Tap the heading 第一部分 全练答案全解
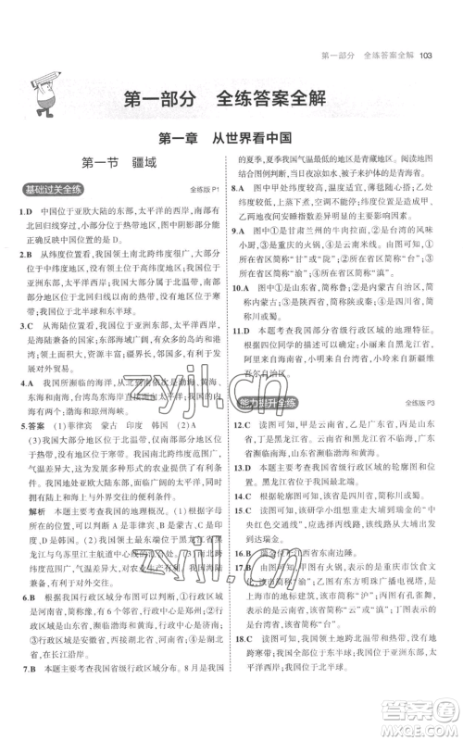pyautogui.click(x=231, y=100)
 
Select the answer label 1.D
pyautogui.click(x=24, y=211)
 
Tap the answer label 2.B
pyautogui.click(x=24, y=252)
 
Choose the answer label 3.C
pyautogui.click(x=24, y=327)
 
